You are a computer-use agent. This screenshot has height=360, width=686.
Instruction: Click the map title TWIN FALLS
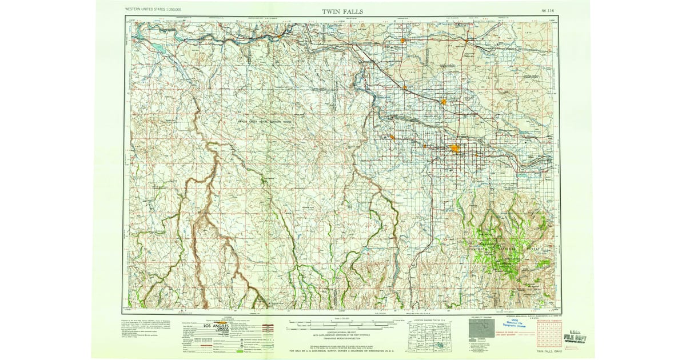342,11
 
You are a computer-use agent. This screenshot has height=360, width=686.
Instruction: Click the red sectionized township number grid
548,337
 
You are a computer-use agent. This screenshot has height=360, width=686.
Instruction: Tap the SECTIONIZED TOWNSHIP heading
548,321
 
